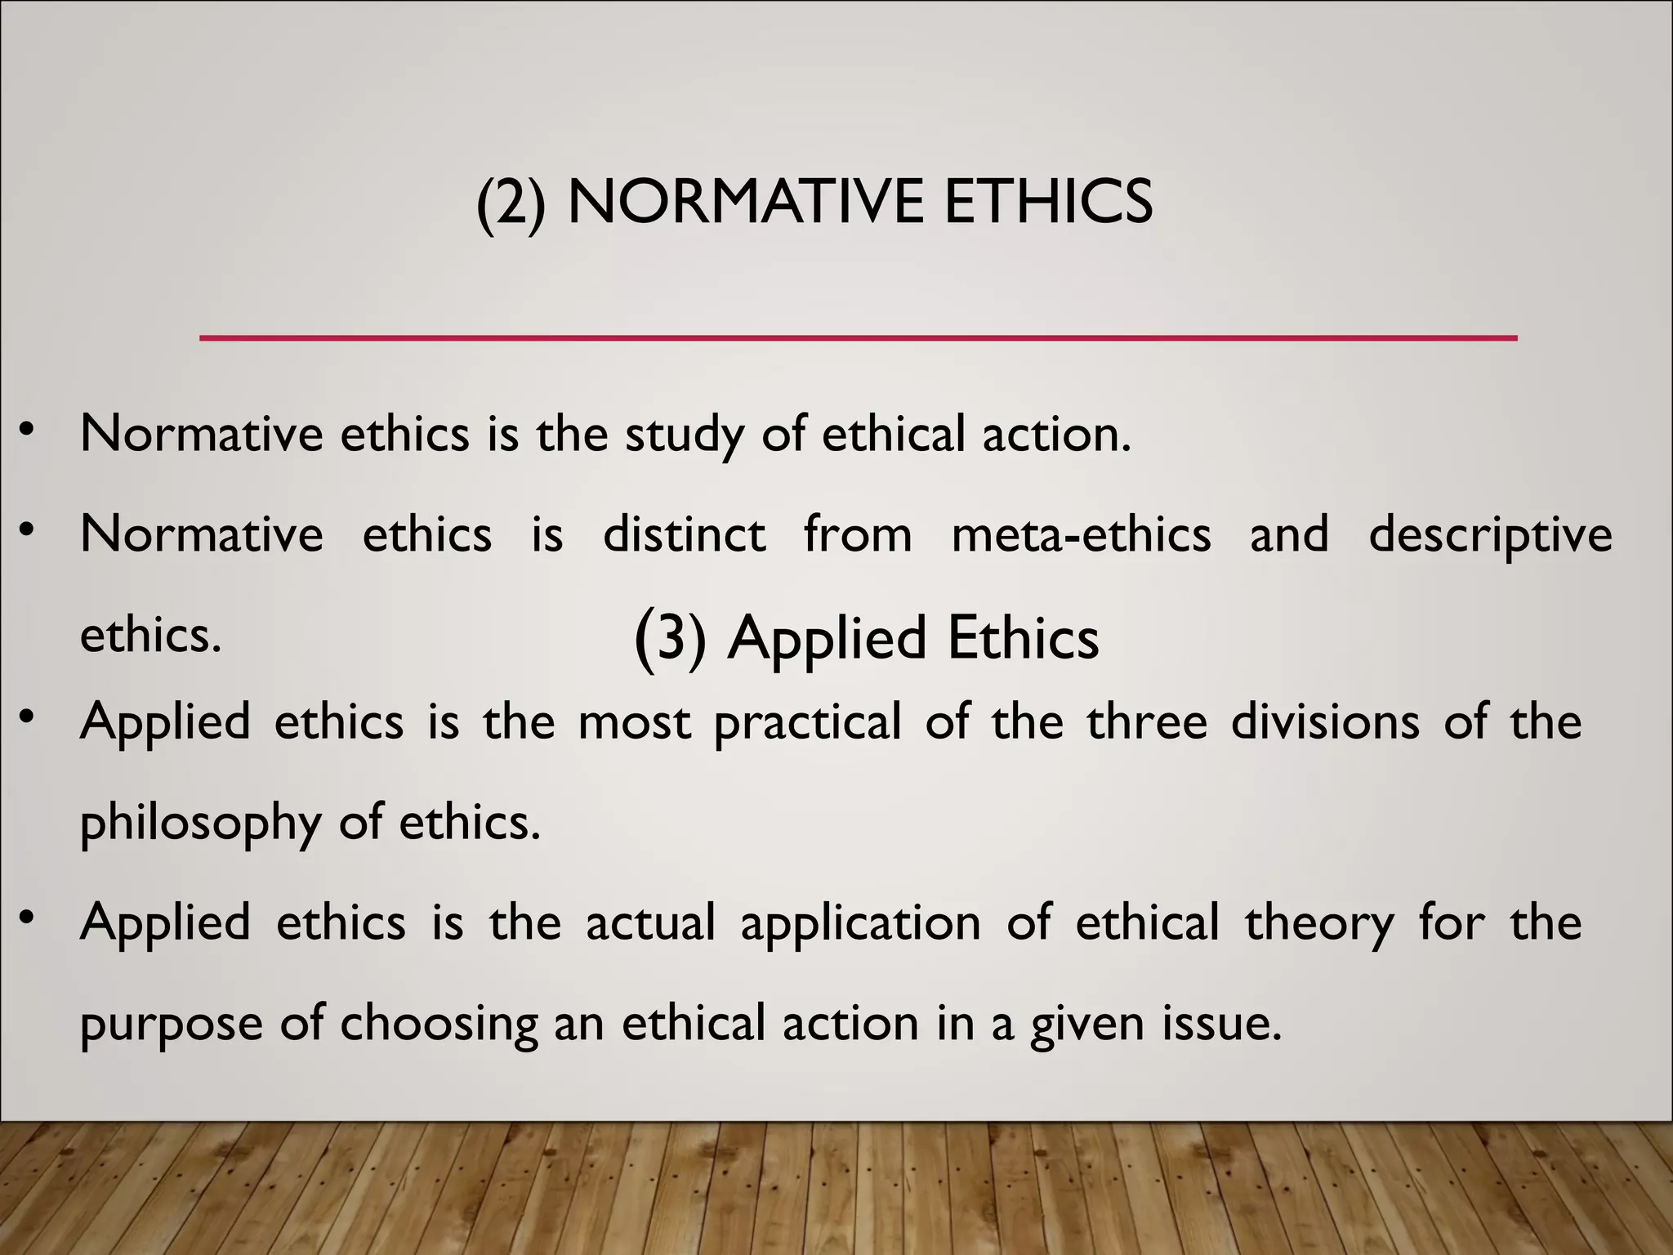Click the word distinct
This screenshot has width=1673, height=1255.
coord(684,534)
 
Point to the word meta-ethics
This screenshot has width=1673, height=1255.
coord(1081,534)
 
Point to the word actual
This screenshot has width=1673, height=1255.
coord(650,923)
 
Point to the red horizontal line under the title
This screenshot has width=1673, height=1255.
coord(858,337)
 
